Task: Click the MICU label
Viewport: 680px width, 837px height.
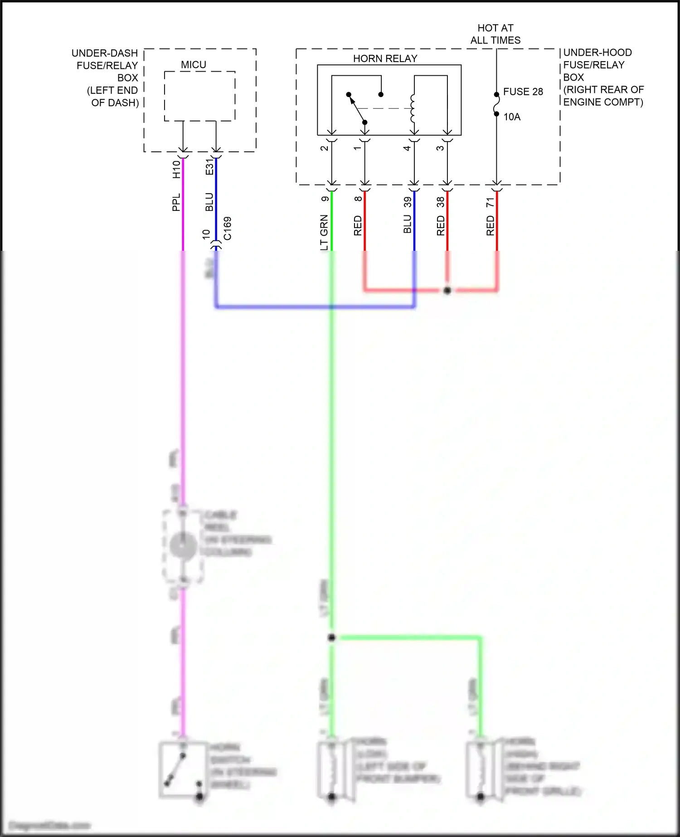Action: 194,65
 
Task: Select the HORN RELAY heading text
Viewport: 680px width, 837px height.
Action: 385,58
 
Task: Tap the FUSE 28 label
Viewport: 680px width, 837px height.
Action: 523,92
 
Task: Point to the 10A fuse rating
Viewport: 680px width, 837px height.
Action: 512,117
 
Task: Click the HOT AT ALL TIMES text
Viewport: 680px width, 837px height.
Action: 495,34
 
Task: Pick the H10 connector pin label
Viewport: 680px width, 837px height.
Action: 176,170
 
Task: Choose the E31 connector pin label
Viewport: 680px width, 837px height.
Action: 209,167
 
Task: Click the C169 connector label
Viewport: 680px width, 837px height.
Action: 228,229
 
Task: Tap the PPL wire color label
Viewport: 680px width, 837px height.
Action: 176,202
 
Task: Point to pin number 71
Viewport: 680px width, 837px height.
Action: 490,203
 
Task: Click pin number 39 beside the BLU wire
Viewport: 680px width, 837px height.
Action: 408,202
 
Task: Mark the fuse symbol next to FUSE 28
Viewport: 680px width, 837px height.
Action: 496,104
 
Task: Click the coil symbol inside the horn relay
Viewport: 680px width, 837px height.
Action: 413,108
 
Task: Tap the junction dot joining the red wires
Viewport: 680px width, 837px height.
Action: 447,290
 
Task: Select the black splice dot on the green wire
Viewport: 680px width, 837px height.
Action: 331,637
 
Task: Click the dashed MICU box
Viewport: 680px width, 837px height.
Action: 199,96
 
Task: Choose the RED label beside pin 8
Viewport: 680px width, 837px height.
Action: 358,226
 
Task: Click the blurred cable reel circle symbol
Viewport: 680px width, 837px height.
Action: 183,545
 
